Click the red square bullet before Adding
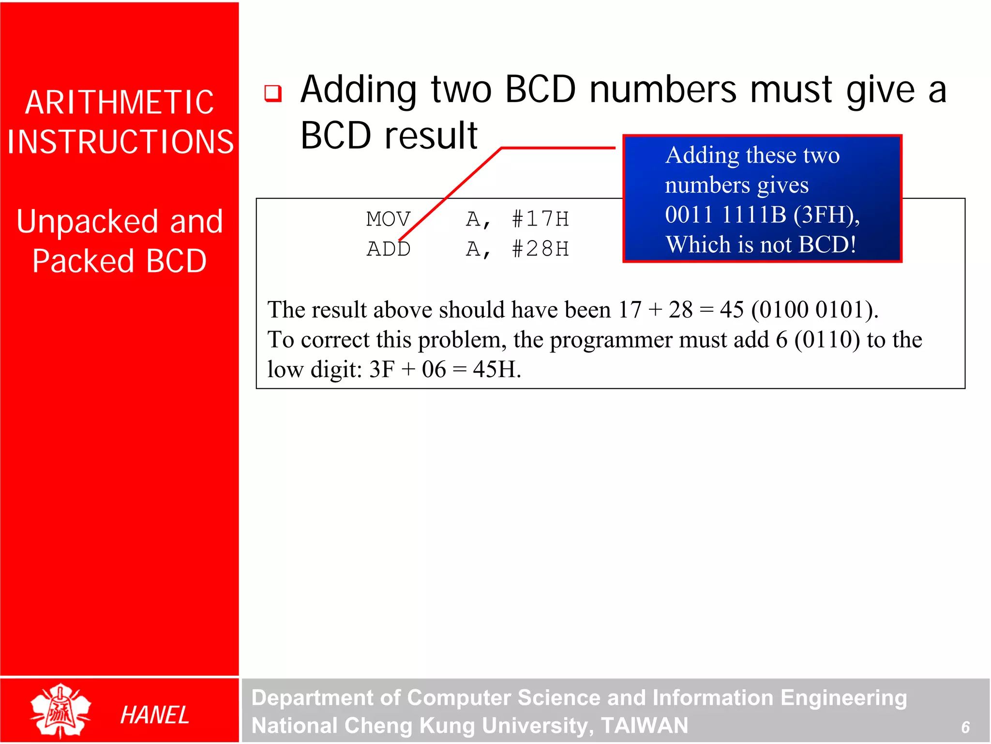[x=273, y=93]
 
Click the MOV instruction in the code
[x=388, y=219]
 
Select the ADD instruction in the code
[x=388, y=249]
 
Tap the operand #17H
[x=540, y=219]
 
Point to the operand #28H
[x=540, y=249]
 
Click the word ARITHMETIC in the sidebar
[x=120, y=103]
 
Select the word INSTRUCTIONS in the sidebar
[x=120, y=142]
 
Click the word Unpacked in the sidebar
[x=87, y=222]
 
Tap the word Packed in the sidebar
[x=83, y=261]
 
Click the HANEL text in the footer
[x=154, y=715]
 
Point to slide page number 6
[x=965, y=727]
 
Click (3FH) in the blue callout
[x=826, y=215]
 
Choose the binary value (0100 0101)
[x=814, y=310]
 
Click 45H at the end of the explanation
[x=496, y=370]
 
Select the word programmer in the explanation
[x=611, y=340]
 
